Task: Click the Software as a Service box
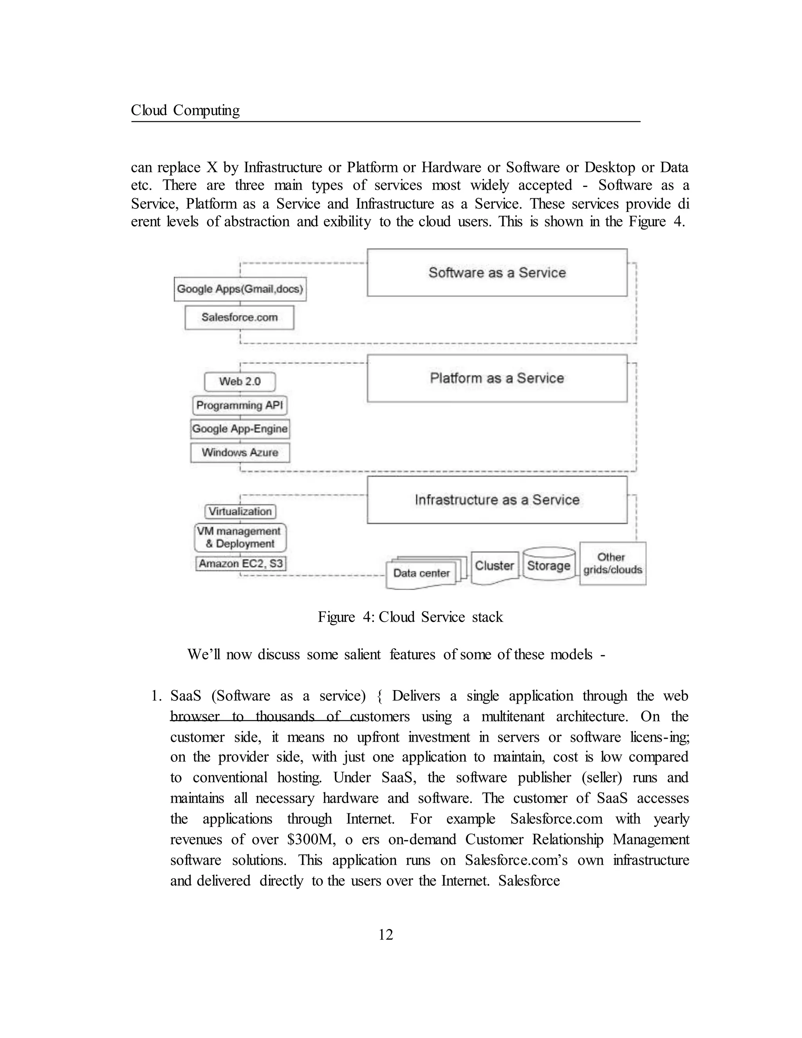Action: tap(497, 272)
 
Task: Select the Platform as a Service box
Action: tap(497, 378)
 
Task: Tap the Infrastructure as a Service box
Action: tap(497, 499)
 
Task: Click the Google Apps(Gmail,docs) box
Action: tap(240, 289)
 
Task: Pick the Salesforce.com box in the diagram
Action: tap(239, 318)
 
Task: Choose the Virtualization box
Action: tap(240, 512)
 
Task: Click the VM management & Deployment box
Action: tap(240, 537)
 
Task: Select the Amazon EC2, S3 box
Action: tap(240, 564)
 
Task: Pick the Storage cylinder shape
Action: tap(548, 565)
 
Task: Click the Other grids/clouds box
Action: tap(612, 563)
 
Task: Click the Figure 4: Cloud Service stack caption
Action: tap(410, 617)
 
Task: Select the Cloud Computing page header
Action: tap(185, 110)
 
